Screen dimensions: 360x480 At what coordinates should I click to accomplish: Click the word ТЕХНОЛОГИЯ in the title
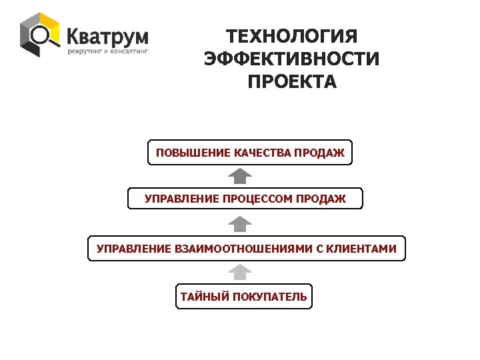[x=292, y=37]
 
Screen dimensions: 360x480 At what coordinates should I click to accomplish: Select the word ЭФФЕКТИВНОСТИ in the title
[x=292, y=59]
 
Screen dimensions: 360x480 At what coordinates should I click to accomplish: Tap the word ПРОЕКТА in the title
[x=292, y=82]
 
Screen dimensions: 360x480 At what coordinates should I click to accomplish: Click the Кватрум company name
[x=107, y=35]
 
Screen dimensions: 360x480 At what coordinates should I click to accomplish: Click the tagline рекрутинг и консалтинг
[x=107, y=51]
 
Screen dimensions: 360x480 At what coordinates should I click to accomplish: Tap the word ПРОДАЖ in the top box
[x=321, y=153]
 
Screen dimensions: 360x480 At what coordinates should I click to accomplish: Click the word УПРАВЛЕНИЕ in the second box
[x=182, y=199]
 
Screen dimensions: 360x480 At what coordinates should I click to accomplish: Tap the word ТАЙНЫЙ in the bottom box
[x=203, y=297]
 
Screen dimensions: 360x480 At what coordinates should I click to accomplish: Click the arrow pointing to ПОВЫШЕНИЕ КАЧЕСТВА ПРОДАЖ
[x=240, y=176]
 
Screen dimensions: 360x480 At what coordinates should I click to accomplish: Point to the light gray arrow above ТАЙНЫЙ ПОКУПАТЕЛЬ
[x=240, y=272]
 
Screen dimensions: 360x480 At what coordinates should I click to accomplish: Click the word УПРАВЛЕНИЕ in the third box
[x=134, y=249]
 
